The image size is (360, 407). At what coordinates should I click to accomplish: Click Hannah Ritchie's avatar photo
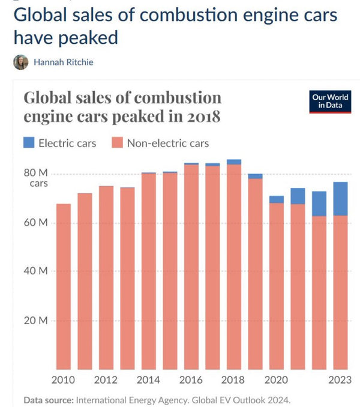tap(20, 62)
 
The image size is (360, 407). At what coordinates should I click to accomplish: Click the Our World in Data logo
tap(330, 102)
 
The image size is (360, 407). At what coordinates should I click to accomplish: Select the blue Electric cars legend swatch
tap(29, 143)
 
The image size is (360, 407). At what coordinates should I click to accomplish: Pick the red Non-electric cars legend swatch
tap(118, 143)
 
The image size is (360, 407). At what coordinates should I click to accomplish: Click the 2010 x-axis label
tap(63, 379)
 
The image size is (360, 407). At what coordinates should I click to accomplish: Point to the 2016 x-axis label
tap(191, 379)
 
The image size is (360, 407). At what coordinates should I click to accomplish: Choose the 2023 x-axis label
tap(340, 379)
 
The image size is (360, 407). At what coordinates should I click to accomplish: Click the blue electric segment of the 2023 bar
tap(340, 198)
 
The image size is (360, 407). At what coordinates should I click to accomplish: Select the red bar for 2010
tap(64, 288)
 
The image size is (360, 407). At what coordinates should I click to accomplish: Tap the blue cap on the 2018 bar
tap(234, 162)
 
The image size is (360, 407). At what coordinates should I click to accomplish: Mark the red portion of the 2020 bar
tap(277, 288)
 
